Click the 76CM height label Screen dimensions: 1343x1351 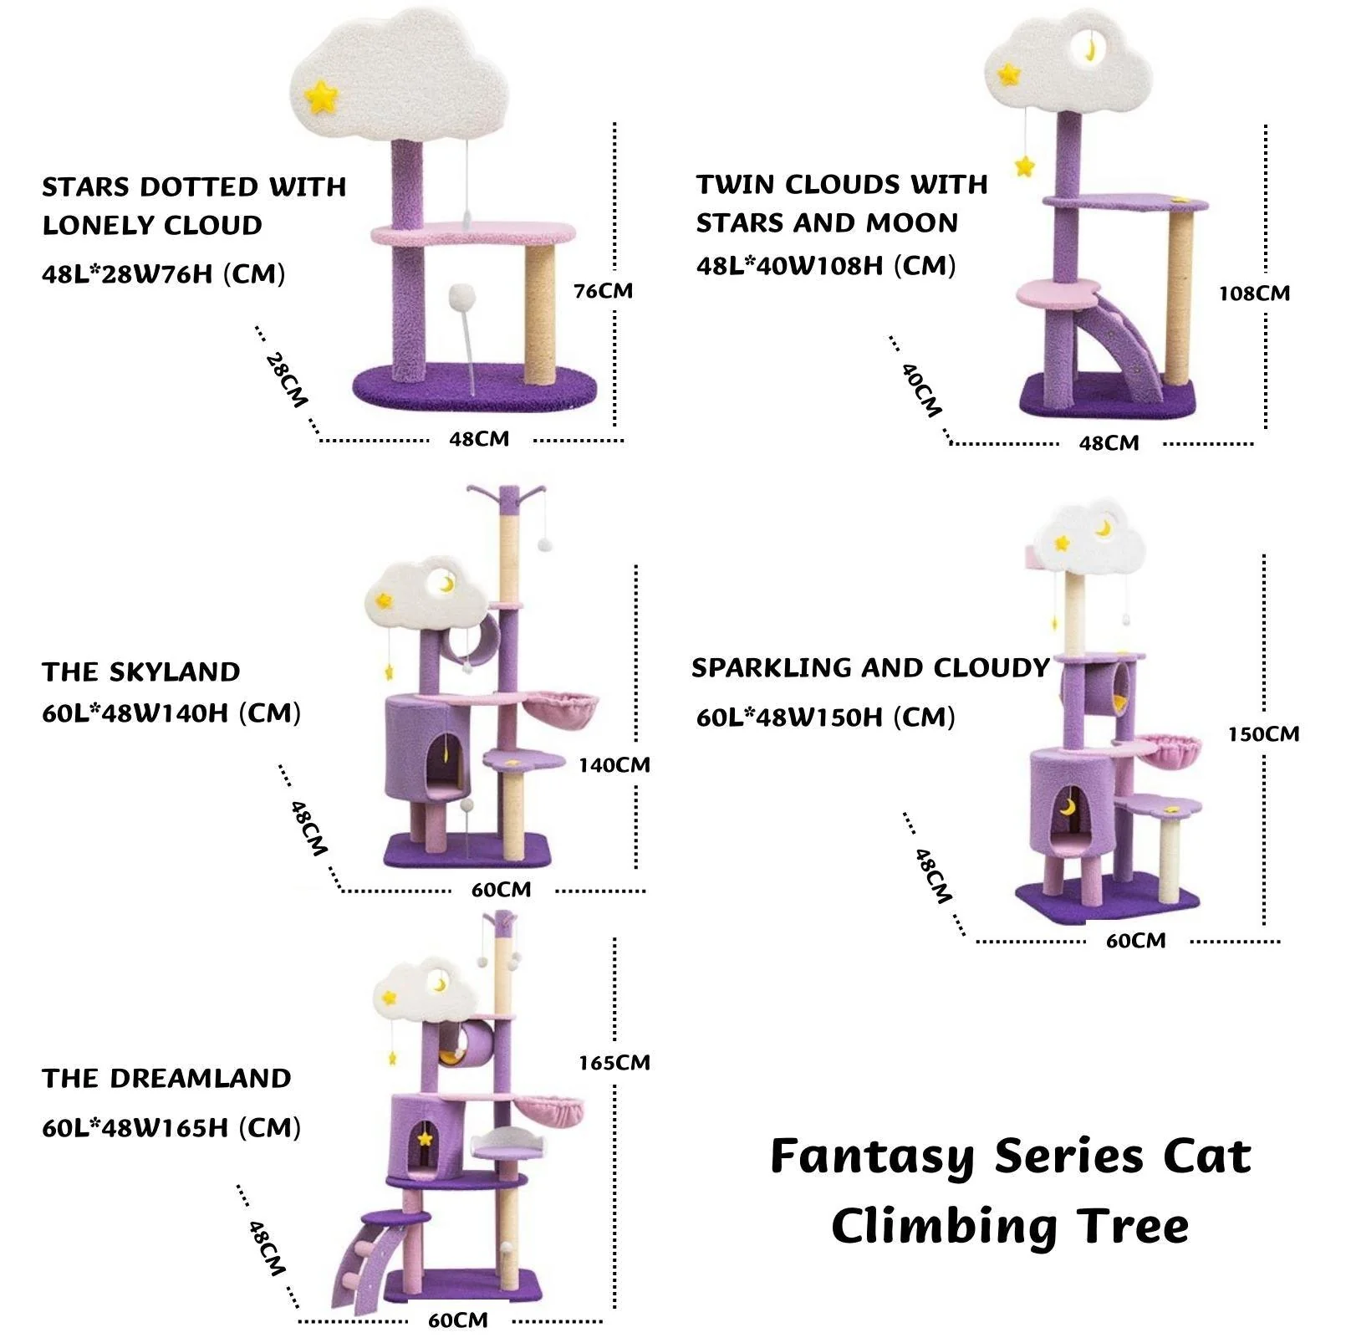pyautogui.click(x=603, y=291)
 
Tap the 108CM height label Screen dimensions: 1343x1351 pyautogui.click(x=1254, y=294)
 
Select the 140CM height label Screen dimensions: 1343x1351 pyautogui.click(x=614, y=765)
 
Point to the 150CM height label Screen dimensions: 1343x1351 pyautogui.click(x=1263, y=734)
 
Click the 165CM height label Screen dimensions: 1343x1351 pyautogui.click(x=614, y=1063)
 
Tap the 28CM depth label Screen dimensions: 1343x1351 pyautogui.click(x=286, y=380)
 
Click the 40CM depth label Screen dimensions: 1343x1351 pyautogui.click(x=921, y=390)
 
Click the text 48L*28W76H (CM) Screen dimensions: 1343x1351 pyautogui.click(x=164, y=274)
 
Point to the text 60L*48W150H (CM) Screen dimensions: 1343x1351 pyautogui.click(x=825, y=717)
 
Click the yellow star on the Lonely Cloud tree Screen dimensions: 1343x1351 pyautogui.click(x=321, y=96)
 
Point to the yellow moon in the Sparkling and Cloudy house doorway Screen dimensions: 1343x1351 pyautogui.click(x=1068, y=807)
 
